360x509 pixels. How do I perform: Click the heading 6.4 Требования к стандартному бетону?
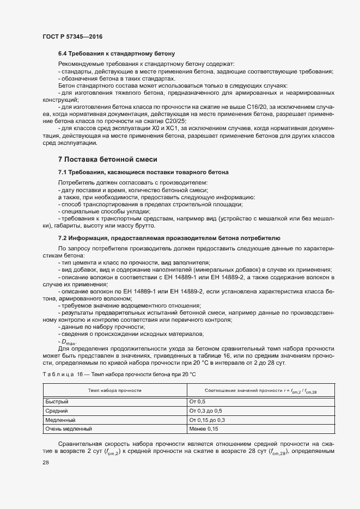(x=115, y=54)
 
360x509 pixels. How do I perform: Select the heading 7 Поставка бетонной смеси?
(x=107, y=160)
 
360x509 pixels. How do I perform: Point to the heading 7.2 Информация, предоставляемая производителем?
(x=169, y=238)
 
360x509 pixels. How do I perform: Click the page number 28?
(x=45, y=462)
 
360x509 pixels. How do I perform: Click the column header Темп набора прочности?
(x=115, y=390)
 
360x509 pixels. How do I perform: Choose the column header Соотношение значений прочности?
(x=260, y=390)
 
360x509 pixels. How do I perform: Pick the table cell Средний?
(x=56, y=410)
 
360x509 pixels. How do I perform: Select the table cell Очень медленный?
(x=69, y=429)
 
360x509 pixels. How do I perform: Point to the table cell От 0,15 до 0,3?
(x=208, y=420)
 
